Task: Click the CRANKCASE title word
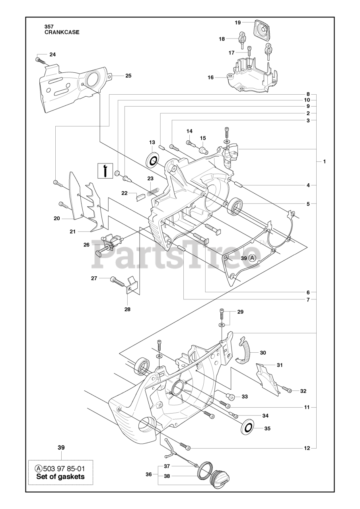62,33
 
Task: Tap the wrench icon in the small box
105,170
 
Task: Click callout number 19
237,23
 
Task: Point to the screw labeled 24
39,60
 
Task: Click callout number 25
117,76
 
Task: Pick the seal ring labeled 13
153,160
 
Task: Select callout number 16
210,78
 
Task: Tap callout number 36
148,474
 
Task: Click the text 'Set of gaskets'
60,476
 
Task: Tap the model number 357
49,27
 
